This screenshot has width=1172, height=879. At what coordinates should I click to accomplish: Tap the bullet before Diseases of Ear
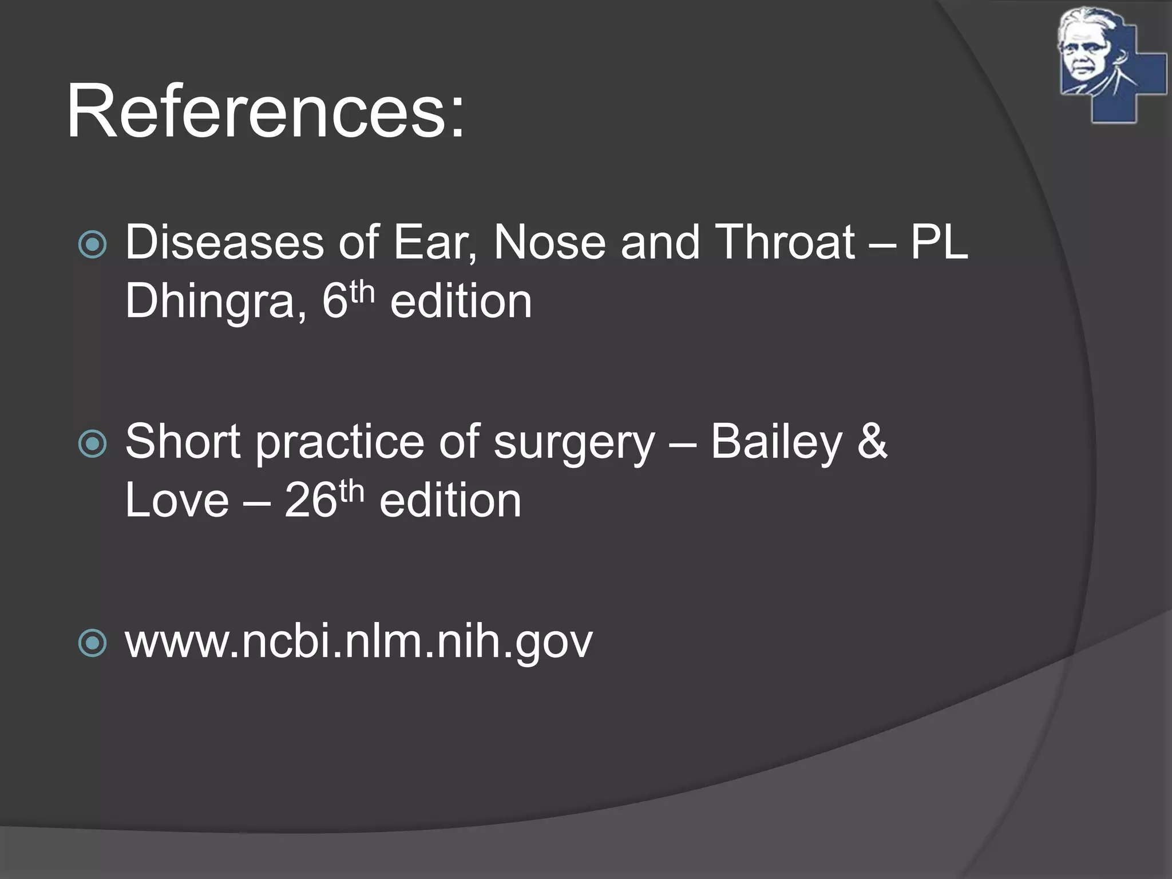pos(92,244)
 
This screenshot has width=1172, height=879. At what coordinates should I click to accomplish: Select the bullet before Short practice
pos(92,444)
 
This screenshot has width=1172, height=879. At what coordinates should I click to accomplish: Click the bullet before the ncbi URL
pos(92,643)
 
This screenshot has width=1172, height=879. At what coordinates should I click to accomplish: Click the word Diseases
pos(224,243)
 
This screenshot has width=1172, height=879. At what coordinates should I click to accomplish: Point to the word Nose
pos(549,243)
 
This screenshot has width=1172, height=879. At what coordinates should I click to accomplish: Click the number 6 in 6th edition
pos(335,302)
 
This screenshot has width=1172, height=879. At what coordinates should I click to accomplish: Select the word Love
pos(177,501)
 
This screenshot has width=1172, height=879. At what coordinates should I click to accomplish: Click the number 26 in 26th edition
pos(310,501)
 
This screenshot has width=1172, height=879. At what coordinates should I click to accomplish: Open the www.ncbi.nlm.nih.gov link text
pos(359,642)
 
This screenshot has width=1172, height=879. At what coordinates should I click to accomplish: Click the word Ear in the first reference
pos(434,243)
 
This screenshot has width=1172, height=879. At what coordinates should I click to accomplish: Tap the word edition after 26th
pos(450,501)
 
